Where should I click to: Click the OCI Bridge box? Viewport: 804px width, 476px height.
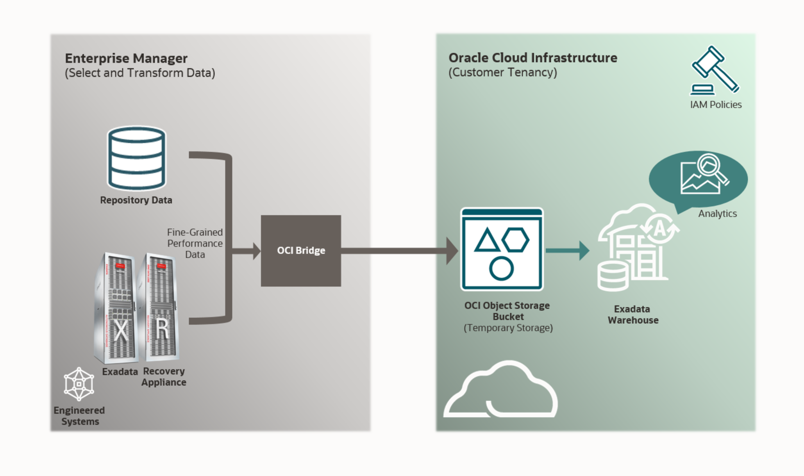pos(301,251)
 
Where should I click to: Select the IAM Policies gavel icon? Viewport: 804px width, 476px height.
pos(715,71)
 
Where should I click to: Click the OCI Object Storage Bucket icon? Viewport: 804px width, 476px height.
pos(502,249)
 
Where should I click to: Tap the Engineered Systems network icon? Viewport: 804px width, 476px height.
pos(79,384)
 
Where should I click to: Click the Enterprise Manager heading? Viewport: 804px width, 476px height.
pos(126,58)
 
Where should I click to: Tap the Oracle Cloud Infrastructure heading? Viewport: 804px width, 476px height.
pos(533,58)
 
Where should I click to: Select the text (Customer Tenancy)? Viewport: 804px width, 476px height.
pos(503,73)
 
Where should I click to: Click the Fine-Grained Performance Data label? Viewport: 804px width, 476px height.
pos(195,243)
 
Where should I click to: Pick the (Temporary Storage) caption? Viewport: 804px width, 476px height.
pos(508,328)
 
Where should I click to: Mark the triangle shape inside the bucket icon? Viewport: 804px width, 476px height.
pos(486,241)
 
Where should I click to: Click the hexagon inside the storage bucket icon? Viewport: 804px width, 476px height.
pos(516,239)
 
